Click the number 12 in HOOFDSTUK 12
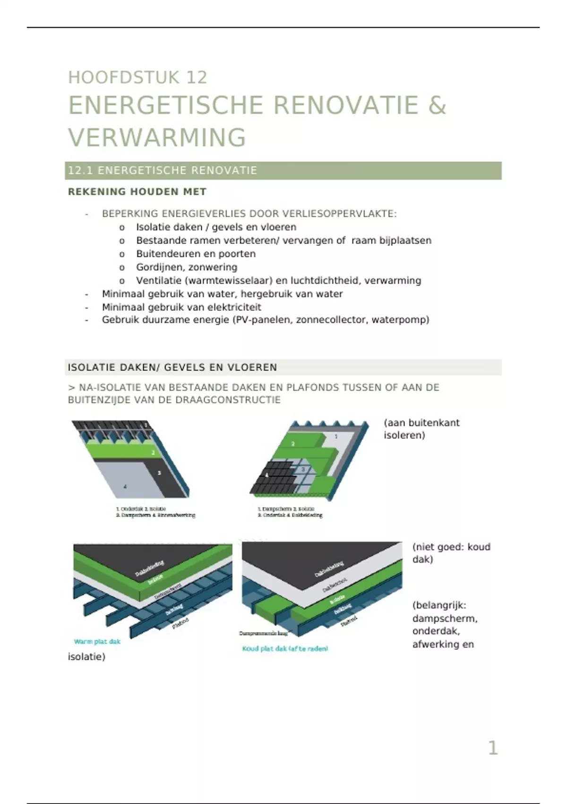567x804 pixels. point(197,78)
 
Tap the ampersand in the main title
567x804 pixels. point(437,105)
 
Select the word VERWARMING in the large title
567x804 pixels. point(157,138)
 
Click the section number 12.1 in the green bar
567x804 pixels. point(80,171)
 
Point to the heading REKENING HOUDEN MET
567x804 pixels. point(137,192)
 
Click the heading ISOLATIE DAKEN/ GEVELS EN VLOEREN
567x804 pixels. point(172,367)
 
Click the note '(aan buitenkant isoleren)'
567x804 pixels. point(421,429)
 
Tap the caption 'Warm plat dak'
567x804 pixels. point(97,642)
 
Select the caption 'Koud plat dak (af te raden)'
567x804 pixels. point(285,649)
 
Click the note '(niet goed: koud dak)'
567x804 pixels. point(451,553)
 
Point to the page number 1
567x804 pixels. point(493,748)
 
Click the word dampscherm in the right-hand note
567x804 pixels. point(444,619)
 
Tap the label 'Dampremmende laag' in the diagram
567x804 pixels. point(263,633)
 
